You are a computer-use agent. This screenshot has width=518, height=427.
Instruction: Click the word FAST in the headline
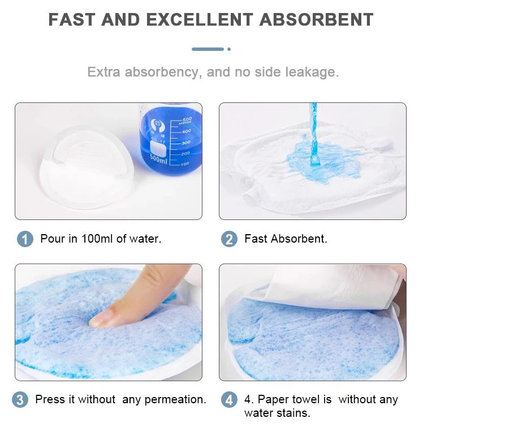[x=72, y=19]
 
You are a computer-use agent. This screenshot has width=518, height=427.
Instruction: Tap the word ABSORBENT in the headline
[x=317, y=19]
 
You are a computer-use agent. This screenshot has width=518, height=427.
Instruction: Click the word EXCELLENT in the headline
[x=200, y=19]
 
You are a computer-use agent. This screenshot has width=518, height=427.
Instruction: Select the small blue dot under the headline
[x=229, y=49]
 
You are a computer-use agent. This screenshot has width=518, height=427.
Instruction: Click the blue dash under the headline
[x=208, y=49]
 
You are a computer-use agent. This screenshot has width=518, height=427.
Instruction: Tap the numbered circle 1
[x=25, y=239]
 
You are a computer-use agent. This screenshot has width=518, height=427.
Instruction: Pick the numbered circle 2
[x=229, y=239]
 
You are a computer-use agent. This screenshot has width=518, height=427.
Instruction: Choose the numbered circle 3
[x=20, y=399]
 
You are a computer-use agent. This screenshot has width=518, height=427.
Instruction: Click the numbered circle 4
[x=229, y=399]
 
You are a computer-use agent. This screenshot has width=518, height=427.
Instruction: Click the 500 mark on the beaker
[x=187, y=119]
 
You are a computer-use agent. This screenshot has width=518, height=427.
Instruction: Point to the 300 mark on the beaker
[x=185, y=143]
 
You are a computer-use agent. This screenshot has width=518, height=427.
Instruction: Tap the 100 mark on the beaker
[x=185, y=163]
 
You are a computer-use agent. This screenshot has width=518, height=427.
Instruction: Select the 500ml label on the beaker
[x=158, y=159]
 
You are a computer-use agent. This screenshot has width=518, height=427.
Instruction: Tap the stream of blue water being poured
[x=314, y=134]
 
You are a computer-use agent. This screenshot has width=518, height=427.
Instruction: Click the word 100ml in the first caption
[x=97, y=239]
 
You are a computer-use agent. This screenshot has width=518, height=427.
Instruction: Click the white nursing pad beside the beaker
[x=87, y=167]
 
